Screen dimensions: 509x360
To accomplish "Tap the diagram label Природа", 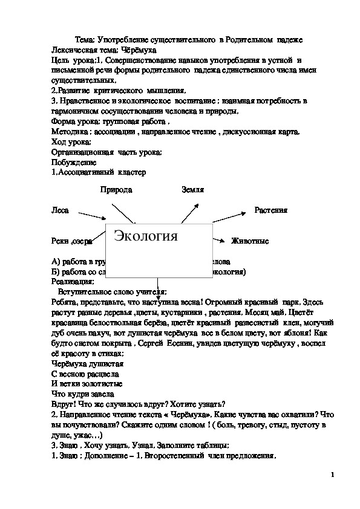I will [x=116, y=190].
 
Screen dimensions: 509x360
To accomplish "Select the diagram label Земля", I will [x=192, y=190].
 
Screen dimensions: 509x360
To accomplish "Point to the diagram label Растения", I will [x=270, y=210].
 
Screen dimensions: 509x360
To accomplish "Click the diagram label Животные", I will [x=249, y=241].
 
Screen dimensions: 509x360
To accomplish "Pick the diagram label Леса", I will [x=61, y=211].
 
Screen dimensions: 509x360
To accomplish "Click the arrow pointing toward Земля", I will [x=191, y=212].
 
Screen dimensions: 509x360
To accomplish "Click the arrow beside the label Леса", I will [x=93, y=216].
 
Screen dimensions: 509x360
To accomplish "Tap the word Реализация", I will [x=73, y=281].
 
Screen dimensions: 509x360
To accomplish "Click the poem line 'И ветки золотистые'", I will [x=87, y=384].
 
